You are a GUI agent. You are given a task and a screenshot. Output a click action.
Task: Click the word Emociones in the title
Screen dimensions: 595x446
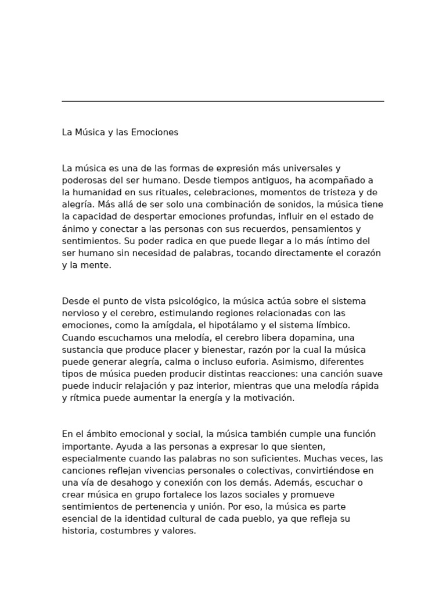click(x=155, y=132)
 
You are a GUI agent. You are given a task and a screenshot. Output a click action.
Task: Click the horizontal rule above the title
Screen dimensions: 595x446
click(x=223, y=101)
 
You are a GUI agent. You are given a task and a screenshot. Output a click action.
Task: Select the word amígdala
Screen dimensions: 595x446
click(x=152, y=325)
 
